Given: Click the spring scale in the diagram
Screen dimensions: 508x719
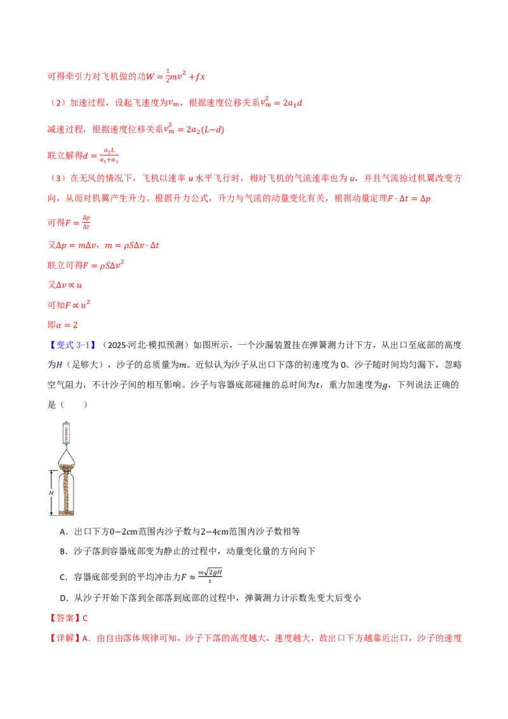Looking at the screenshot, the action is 66,433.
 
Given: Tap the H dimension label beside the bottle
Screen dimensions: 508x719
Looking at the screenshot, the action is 51,493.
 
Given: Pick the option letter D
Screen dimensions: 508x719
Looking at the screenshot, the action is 63,598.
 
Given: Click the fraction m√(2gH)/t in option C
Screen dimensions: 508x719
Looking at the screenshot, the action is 210,575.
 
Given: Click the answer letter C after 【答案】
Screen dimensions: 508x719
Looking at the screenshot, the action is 85,619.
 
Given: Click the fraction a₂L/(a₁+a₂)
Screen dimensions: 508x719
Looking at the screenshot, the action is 109,156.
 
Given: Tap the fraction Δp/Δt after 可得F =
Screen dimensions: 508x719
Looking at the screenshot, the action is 86,222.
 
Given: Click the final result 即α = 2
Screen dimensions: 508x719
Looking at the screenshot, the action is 63,325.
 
